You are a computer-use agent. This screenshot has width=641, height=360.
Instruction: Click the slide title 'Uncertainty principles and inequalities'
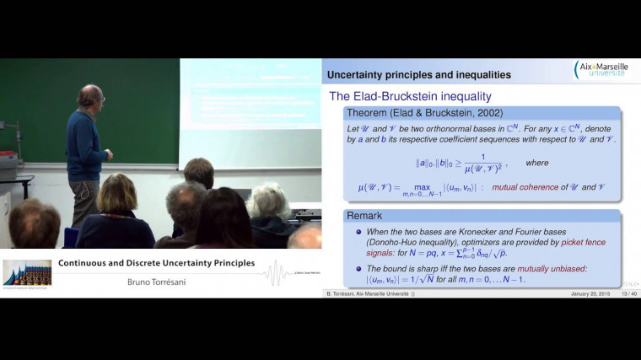418,75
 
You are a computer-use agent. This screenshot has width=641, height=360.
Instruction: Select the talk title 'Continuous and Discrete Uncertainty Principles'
156,263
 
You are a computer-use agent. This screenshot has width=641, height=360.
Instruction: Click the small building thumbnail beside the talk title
28,272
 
